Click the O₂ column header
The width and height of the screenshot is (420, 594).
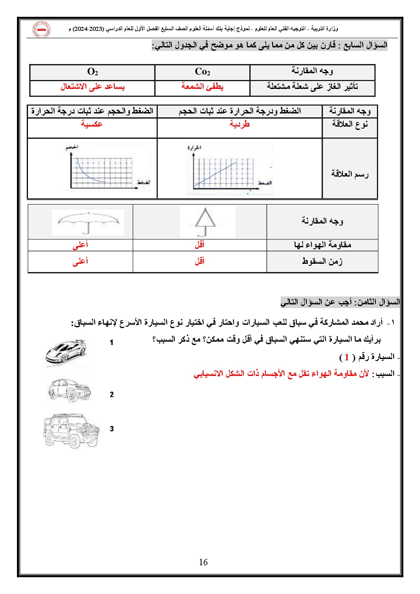[92, 72]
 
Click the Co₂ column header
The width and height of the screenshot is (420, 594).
[202, 72]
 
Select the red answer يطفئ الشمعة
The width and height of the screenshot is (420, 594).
[202, 86]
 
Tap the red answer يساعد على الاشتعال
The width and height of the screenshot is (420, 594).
[92, 86]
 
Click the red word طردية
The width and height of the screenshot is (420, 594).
[240, 124]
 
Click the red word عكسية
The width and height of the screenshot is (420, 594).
[92, 124]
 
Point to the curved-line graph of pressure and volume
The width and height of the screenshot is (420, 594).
[107, 167]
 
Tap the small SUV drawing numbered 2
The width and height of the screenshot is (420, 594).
[69, 390]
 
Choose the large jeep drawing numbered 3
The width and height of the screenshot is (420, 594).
[71, 430]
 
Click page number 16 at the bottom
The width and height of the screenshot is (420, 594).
[203, 562]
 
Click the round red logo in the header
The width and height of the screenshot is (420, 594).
[41, 29]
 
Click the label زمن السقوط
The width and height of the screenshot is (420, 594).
[322, 261]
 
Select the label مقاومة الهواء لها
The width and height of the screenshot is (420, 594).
[323, 245]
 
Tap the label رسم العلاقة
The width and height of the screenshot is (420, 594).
[350, 174]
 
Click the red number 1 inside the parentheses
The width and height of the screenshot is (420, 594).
[347, 357]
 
